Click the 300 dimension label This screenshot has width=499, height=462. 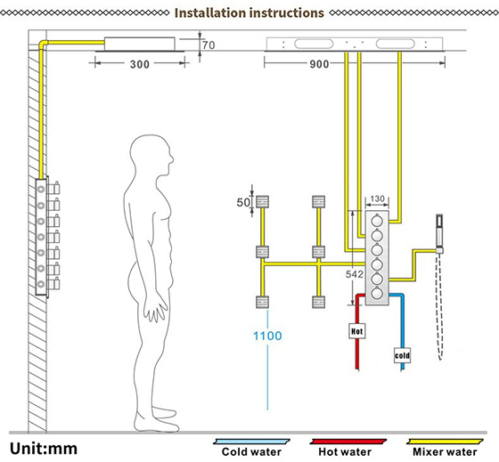(x=139, y=64)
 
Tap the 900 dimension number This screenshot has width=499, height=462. (x=319, y=64)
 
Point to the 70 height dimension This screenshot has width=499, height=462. (x=209, y=45)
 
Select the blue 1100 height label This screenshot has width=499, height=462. (x=267, y=336)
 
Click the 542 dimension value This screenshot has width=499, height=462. (x=355, y=274)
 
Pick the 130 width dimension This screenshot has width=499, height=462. (x=377, y=199)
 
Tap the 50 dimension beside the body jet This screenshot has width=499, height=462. (x=243, y=202)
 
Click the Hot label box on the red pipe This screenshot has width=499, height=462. (x=356, y=331)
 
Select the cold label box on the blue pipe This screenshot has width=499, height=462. (x=402, y=355)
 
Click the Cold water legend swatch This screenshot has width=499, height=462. (x=251, y=442)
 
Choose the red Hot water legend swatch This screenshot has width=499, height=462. (x=348, y=442)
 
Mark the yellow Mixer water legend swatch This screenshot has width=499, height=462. (x=445, y=442)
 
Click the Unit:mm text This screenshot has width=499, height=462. (x=44, y=449)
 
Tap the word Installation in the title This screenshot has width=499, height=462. (x=210, y=13)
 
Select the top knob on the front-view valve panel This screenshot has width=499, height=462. (x=377, y=220)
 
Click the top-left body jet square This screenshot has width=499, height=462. (x=263, y=201)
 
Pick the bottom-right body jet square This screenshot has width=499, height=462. (x=319, y=302)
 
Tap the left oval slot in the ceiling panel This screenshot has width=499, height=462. (x=314, y=44)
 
